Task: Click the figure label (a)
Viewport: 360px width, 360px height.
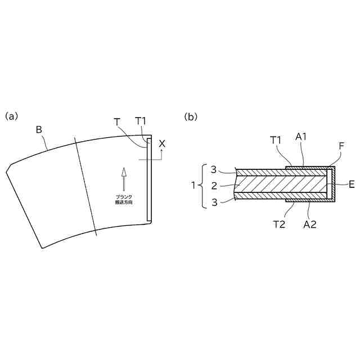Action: [x=12, y=116]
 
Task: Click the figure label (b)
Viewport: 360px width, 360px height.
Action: [x=192, y=116]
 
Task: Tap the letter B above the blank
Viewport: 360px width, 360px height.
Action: [x=39, y=130]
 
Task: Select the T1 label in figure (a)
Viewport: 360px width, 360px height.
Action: [x=141, y=121]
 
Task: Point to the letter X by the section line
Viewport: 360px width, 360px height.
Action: [x=162, y=144]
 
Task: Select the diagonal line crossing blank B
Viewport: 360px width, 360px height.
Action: [x=85, y=186]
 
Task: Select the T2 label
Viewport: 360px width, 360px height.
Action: [x=280, y=223]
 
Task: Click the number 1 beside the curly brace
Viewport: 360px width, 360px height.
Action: [x=193, y=184]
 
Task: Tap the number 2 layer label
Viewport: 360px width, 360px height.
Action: [x=214, y=184]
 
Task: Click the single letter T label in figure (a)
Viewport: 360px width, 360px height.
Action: [x=116, y=122]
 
